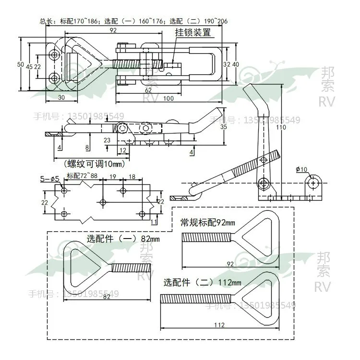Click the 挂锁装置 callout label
pyautogui.click(x=192, y=33)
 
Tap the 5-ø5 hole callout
pyautogui.click(x=49, y=179)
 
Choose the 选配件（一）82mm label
pyautogui.click(x=123, y=239)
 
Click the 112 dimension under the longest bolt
pyautogui.click(x=219, y=325)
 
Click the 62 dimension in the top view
pyautogui.click(x=148, y=90)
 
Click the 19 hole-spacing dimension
pyautogui.click(x=112, y=177)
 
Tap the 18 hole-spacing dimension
pyautogui.click(x=132, y=177)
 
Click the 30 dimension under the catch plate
pyautogui.click(x=61, y=97)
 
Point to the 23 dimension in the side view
pyautogui.click(x=107, y=140)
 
